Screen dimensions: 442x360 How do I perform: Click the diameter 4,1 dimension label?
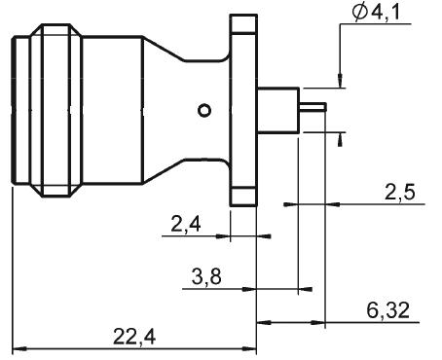[x=377, y=13]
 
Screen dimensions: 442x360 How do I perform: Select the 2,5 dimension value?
[x=400, y=193]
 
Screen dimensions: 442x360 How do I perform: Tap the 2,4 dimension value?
[x=186, y=224]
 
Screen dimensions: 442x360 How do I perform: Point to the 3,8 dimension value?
[x=206, y=277]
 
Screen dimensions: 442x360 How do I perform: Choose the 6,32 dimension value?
[x=388, y=310]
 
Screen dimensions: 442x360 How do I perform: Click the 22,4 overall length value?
[x=134, y=337]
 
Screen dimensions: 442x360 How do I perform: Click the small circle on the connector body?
[x=204, y=111]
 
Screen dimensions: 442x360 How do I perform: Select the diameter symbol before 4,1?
[x=360, y=13]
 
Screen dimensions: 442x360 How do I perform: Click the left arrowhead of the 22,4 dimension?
[x=19, y=349]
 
